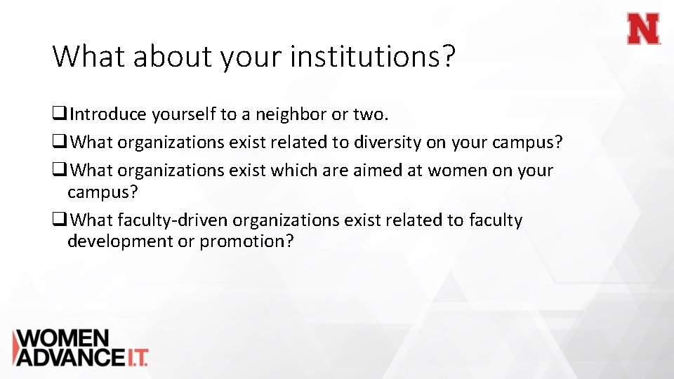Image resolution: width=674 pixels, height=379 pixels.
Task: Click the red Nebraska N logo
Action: click(643, 29)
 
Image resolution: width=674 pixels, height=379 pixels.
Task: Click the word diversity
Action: click(387, 142)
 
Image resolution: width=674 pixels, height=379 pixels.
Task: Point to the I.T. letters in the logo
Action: click(136, 357)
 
